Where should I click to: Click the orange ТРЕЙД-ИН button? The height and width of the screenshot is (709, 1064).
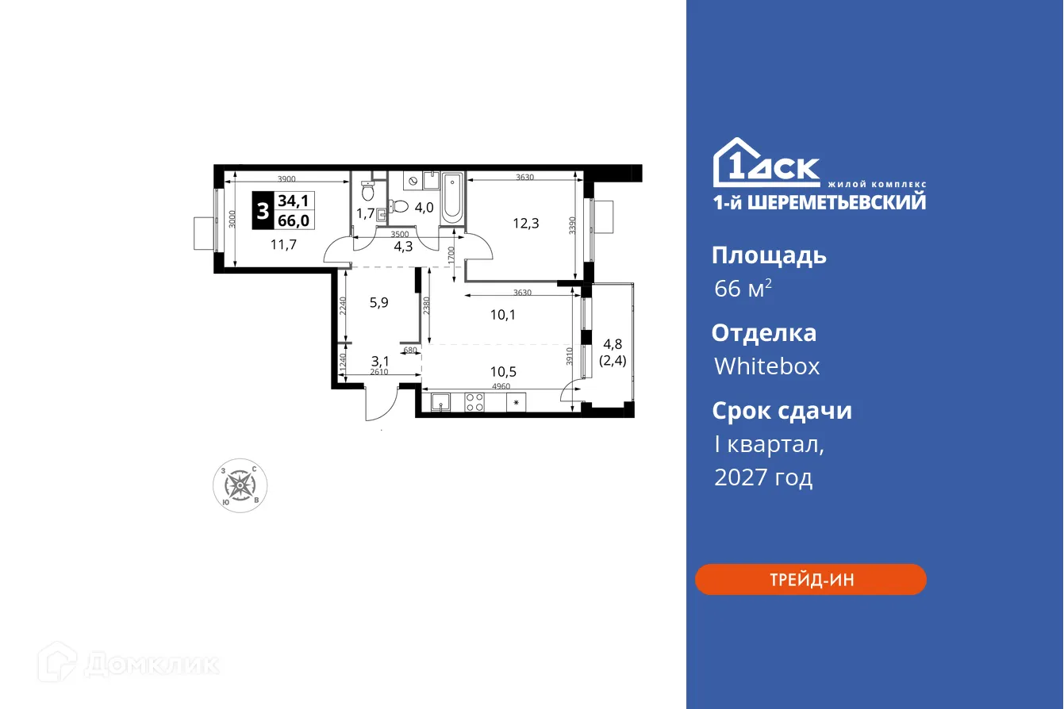point(810,580)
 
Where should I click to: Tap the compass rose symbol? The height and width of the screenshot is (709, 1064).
point(240,485)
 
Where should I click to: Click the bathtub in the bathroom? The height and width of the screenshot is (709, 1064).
point(451,198)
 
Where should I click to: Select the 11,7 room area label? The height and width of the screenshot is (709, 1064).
point(283,244)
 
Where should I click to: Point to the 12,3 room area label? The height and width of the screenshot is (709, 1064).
point(525,224)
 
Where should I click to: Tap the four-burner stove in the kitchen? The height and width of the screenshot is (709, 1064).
point(474,403)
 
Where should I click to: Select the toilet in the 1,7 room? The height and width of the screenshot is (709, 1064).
point(367,190)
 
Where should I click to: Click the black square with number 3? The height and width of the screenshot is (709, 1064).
point(263,210)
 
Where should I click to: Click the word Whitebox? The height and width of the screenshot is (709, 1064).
point(766,366)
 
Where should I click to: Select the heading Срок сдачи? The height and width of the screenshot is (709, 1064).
point(781,411)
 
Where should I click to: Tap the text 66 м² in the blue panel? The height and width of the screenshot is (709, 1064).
point(743,289)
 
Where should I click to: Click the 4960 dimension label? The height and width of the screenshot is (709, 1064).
point(501,386)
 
